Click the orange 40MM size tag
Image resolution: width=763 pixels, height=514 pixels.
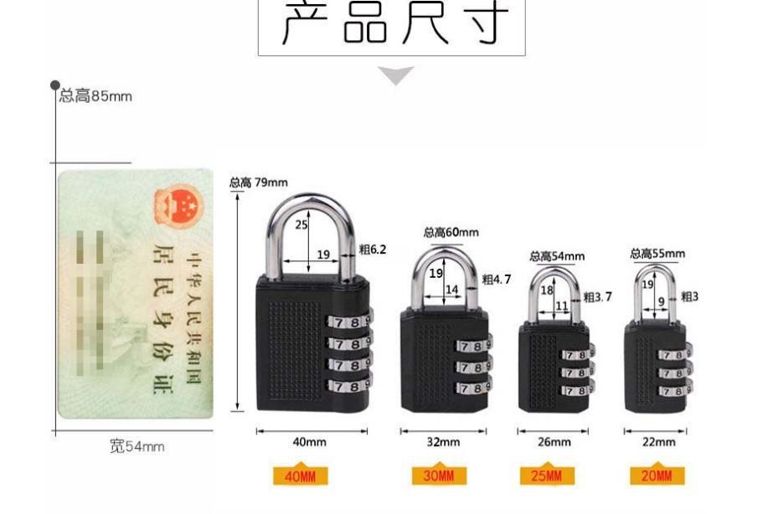click(301, 476)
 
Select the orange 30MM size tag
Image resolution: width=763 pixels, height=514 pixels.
click(439, 476)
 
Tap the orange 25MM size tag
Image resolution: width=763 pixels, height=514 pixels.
click(548, 476)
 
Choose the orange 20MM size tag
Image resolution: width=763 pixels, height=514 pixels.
click(657, 476)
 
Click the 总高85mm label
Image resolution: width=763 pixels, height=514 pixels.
click(95, 96)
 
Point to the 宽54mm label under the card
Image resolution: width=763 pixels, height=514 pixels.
click(137, 447)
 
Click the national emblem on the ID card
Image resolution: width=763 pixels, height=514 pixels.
click(178, 204)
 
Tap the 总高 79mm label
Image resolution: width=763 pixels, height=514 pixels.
click(259, 182)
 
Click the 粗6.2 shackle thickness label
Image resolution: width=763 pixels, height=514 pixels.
click(373, 249)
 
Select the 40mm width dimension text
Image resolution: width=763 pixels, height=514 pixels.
click(310, 442)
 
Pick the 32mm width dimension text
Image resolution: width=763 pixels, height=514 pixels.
click(443, 442)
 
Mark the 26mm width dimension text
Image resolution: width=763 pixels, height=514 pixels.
click(554, 442)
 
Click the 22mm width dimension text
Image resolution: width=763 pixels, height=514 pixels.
click(659, 442)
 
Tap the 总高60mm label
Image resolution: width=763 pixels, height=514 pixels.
click(451, 232)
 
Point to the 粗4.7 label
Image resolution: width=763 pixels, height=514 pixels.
click(497, 280)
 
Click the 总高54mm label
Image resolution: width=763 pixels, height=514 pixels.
click(557, 256)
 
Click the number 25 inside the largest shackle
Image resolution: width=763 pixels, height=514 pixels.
click(302, 224)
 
